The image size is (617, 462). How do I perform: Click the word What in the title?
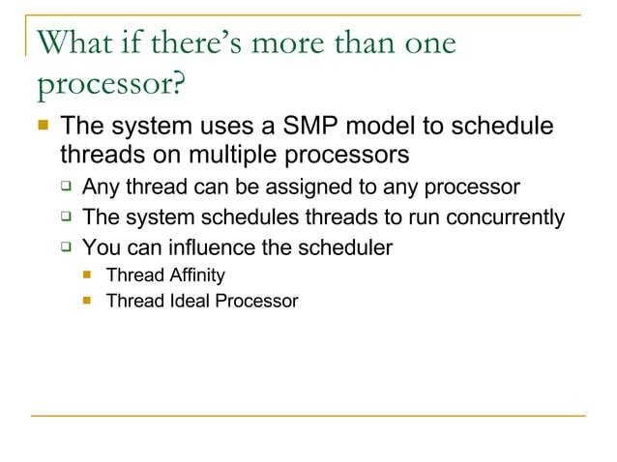click(74, 44)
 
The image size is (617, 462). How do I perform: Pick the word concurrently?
click(503, 217)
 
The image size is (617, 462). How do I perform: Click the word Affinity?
click(192, 276)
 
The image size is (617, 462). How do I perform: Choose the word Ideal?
click(184, 301)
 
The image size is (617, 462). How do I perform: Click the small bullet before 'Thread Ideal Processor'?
click(87, 301)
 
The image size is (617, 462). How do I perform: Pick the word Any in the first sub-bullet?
click(101, 187)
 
